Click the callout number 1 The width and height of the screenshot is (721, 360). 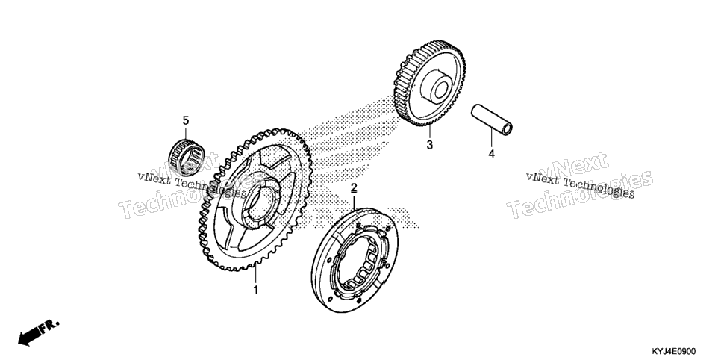pos(256,290)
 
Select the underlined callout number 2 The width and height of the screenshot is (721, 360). pos(354,187)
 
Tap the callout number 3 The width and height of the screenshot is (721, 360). pos(429,145)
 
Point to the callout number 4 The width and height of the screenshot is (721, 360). pos(491,154)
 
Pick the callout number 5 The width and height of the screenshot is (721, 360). pos(186,120)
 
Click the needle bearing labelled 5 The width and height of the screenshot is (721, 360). pos(187,157)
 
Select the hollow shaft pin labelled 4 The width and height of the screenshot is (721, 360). pos(492,120)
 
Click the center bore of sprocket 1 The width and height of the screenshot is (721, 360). pos(258,203)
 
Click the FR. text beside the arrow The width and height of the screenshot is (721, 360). pos(49,326)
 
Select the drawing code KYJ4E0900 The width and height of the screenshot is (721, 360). pos(673,351)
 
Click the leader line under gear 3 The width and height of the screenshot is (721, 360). pos(429,131)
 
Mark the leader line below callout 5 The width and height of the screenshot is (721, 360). pos(186,134)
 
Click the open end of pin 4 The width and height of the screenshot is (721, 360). pos(507,128)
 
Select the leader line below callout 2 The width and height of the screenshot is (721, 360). pos(354,201)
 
